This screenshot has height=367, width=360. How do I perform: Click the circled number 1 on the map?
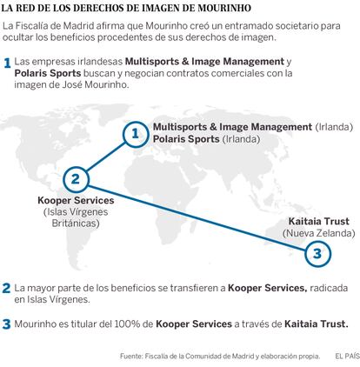136,134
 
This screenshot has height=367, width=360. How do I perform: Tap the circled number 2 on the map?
76,179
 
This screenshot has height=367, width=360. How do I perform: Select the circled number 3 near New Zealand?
317,253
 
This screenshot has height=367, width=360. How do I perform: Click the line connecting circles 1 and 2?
105,157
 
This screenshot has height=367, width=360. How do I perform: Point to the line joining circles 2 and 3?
197,217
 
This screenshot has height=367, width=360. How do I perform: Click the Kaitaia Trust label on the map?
319,222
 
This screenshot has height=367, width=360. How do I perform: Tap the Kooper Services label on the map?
76,200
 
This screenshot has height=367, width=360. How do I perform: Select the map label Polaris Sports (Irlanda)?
206,139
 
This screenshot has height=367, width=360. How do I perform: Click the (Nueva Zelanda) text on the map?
319,233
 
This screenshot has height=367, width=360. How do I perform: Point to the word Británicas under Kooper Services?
76,224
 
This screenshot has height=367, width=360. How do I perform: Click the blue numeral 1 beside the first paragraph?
7,63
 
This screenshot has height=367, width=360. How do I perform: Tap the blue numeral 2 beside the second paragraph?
6,289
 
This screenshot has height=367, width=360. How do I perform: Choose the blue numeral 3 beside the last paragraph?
6,324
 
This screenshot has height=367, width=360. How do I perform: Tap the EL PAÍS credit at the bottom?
347,357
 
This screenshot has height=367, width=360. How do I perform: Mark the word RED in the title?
23,8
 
